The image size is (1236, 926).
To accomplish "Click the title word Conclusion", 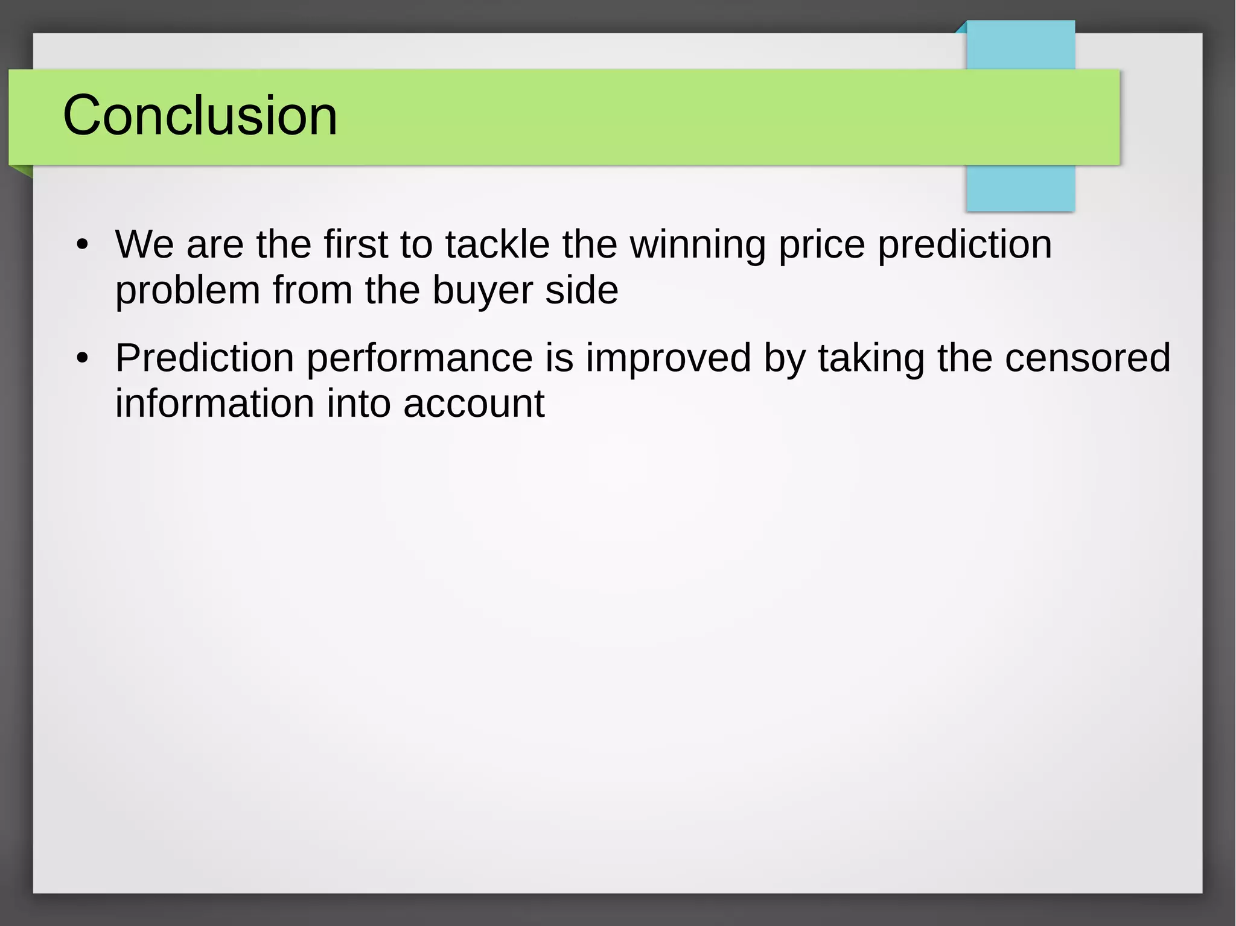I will point(200,115).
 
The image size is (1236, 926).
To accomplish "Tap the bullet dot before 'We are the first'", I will point(83,245).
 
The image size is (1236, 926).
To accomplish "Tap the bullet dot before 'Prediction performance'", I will point(83,358).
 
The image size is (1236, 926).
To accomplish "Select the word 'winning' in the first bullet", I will point(698,245).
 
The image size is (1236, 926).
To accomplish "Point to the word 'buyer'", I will point(482,291).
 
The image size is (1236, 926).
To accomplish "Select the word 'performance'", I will point(420,358).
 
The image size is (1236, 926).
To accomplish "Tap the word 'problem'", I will point(188,291).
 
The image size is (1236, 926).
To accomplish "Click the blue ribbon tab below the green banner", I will point(1020,188).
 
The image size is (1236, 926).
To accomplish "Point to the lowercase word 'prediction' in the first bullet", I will point(964,245).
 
